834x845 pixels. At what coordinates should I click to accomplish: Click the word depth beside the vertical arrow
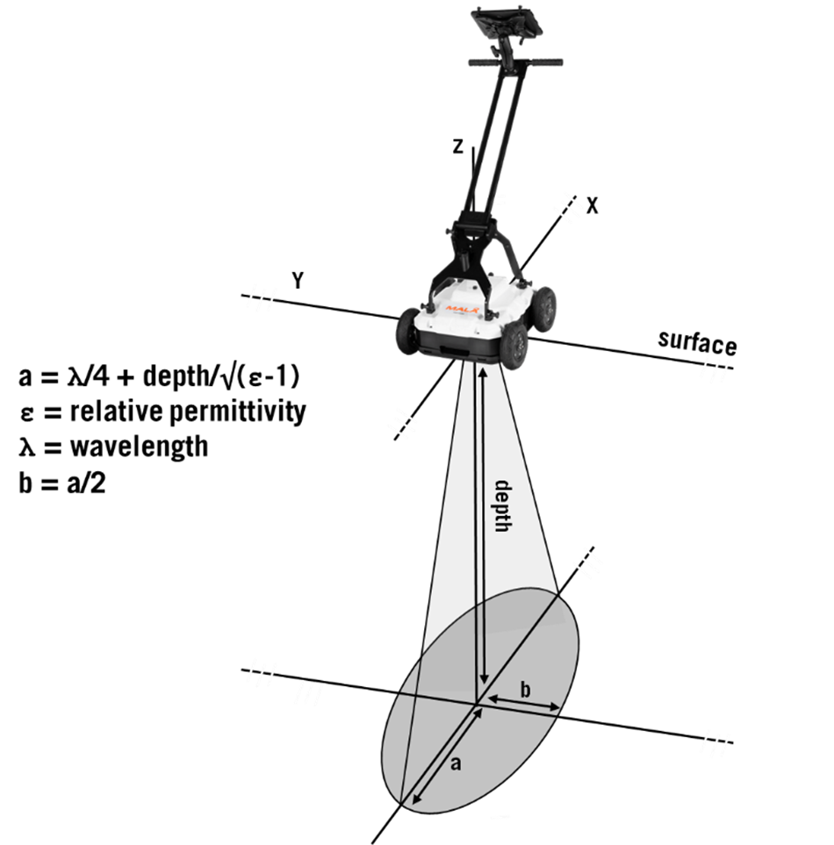point(502,506)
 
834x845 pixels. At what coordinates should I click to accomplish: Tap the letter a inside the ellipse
point(456,763)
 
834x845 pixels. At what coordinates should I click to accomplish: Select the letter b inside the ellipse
point(526,690)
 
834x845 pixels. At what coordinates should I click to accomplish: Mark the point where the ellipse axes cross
point(478,702)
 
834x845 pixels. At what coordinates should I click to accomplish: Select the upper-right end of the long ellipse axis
point(557,593)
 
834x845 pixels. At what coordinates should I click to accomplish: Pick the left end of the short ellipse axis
point(399,693)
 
